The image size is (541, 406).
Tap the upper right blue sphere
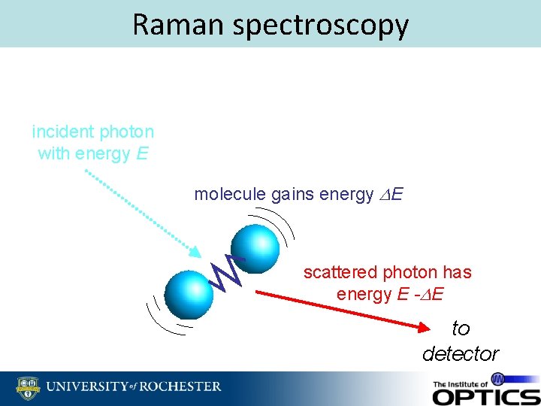255,244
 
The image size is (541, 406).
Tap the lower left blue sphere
189,293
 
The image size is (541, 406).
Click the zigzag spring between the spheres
227,272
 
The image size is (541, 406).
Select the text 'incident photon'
93,132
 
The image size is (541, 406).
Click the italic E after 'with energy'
143,154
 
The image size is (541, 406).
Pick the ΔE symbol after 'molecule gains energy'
391,195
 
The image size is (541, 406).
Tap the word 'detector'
460,353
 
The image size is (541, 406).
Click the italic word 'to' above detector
461,329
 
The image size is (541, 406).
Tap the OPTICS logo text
485,395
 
